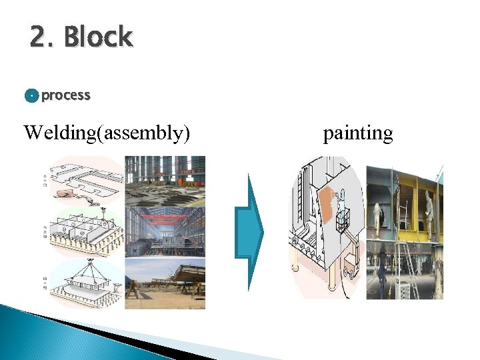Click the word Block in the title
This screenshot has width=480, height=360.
(99, 38)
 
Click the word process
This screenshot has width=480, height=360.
(65, 95)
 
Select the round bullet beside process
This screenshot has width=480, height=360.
(31, 96)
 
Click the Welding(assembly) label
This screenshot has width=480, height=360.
(107, 133)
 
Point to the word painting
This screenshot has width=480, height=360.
(358, 133)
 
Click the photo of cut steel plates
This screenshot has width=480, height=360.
(165, 180)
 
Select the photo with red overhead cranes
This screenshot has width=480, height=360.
(165, 230)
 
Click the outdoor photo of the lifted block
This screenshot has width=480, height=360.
(165, 283)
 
